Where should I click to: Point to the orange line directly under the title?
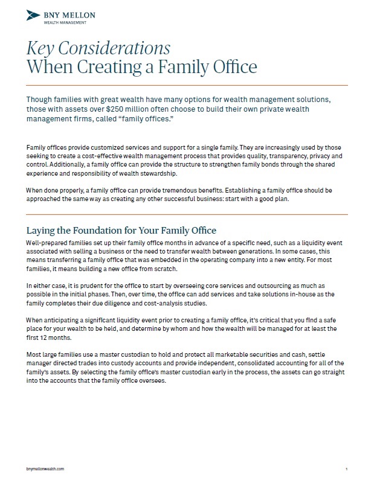pyautogui.click(x=187, y=84)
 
